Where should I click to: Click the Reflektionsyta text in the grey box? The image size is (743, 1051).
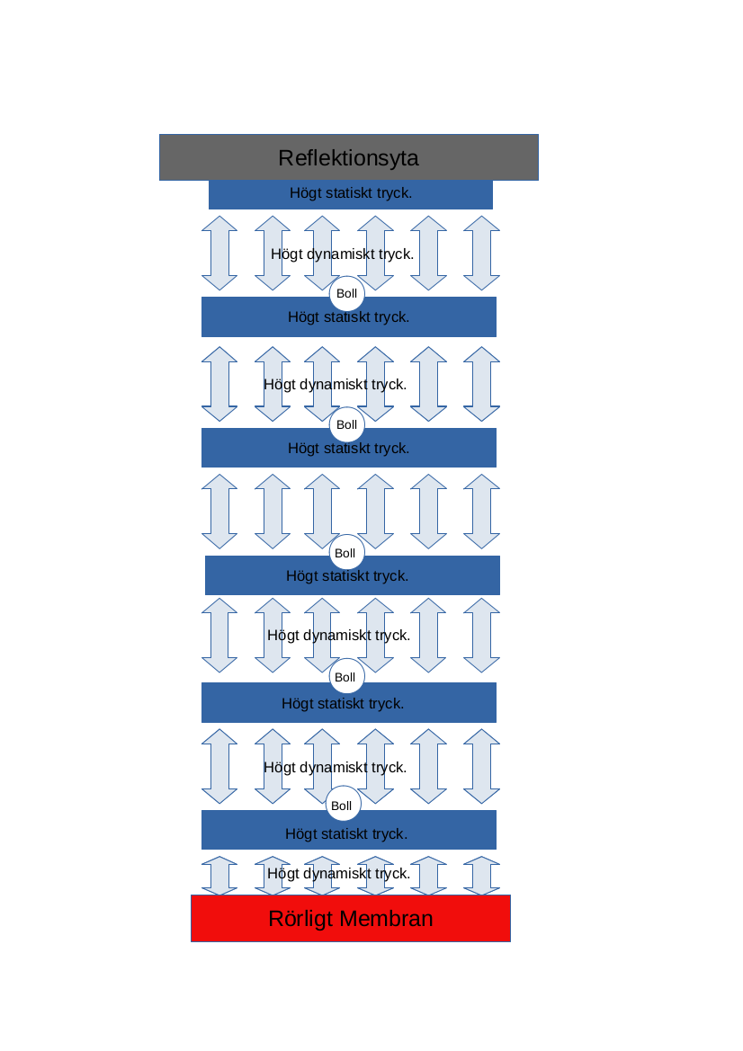(x=348, y=158)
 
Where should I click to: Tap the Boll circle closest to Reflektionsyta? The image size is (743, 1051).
(x=346, y=294)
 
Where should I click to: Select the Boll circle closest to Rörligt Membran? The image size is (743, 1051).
(x=342, y=806)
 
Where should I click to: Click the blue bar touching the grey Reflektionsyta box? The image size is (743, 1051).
(x=351, y=194)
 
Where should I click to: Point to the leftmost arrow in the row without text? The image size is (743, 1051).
(x=219, y=512)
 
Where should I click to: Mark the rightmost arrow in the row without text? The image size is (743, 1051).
(x=481, y=512)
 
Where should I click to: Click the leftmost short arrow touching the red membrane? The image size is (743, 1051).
(x=219, y=876)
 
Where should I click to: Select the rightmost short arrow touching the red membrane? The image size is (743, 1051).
(x=481, y=876)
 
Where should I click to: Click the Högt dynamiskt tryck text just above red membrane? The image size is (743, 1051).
(x=338, y=873)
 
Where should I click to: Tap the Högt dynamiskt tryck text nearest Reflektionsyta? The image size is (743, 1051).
(x=342, y=254)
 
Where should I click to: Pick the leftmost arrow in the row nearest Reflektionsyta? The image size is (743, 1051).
(x=219, y=253)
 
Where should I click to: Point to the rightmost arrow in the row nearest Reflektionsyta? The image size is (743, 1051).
(x=481, y=253)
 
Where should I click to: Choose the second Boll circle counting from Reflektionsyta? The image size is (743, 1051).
(x=346, y=424)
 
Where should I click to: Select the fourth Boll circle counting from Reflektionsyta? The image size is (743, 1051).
(x=346, y=677)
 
